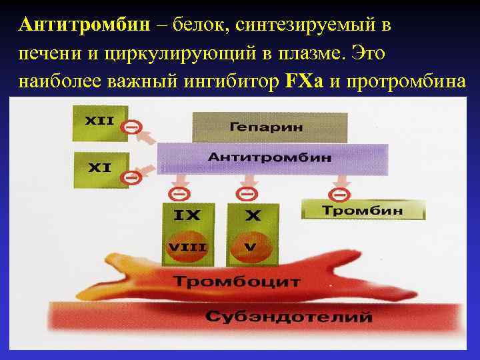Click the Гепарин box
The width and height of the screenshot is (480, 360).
coord(270,127)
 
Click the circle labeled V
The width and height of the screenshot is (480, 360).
coord(250,247)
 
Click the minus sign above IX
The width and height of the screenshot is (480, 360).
coord(179,194)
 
